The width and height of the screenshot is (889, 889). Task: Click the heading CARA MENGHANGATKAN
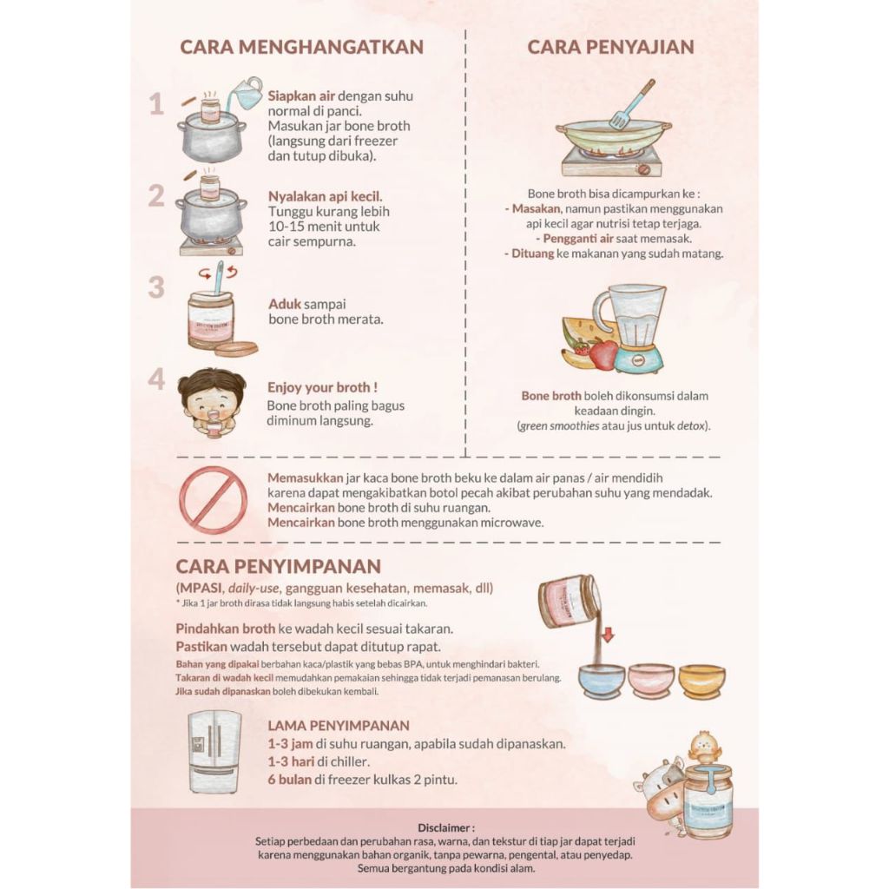pyautogui.click(x=301, y=47)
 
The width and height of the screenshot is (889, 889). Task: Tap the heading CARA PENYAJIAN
pyautogui.click(x=610, y=47)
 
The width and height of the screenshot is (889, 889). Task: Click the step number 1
pyautogui.click(x=156, y=104)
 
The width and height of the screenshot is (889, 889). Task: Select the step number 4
pyautogui.click(x=156, y=379)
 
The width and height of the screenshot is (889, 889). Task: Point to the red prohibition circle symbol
pyautogui.click(x=214, y=500)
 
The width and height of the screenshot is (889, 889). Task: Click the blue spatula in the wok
pyautogui.click(x=632, y=104)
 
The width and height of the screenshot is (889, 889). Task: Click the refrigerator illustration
pyautogui.click(x=214, y=752)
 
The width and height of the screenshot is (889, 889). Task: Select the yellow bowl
pyautogui.click(x=701, y=680)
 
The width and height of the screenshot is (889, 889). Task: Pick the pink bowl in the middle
pyautogui.click(x=651, y=680)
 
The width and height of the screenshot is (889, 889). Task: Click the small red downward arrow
pyautogui.click(x=608, y=635)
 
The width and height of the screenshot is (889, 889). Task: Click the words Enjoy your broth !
pyautogui.click(x=322, y=388)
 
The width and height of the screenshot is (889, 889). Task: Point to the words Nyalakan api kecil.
pyautogui.click(x=325, y=197)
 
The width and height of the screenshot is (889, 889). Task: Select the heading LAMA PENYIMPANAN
pyautogui.click(x=339, y=726)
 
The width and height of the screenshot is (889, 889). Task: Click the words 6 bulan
pyautogui.click(x=289, y=780)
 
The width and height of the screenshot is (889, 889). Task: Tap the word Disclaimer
pyautogui.click(x=446, y=827)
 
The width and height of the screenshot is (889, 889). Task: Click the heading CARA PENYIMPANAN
pyautogui.click(x=279, y=566)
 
